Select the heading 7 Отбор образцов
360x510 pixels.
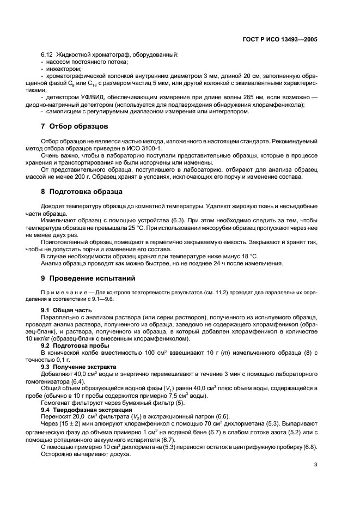click(75, 126)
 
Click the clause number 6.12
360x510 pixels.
click(47, 54)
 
